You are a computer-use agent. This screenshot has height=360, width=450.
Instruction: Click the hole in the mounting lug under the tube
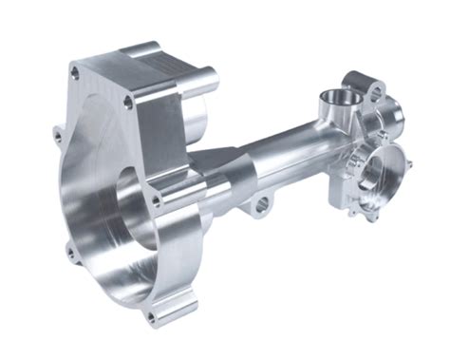tap(258, 203)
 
